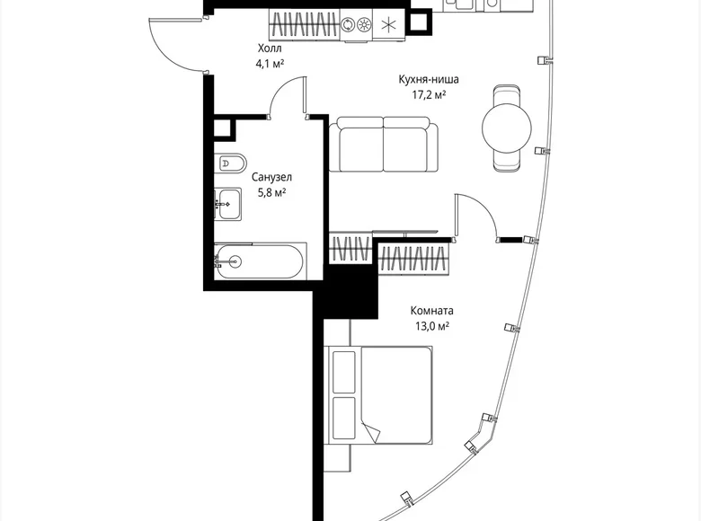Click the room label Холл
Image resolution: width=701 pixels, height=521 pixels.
[269, 49]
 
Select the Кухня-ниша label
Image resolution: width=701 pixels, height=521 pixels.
[423, 79]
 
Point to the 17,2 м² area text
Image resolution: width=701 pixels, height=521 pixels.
[423, 94]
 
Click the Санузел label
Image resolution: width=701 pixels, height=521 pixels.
[271, 178]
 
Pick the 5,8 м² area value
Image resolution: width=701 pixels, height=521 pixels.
[271, 192]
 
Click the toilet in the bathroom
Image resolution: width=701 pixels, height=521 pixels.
[230, 164]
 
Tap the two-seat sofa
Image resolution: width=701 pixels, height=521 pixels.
[384, 144]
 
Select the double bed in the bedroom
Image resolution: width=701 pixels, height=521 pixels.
[382, 393]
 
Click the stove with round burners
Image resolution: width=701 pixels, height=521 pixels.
[355, 24]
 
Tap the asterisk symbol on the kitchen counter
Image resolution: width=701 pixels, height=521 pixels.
[388, 24]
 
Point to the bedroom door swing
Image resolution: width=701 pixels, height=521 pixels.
[476, 216]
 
